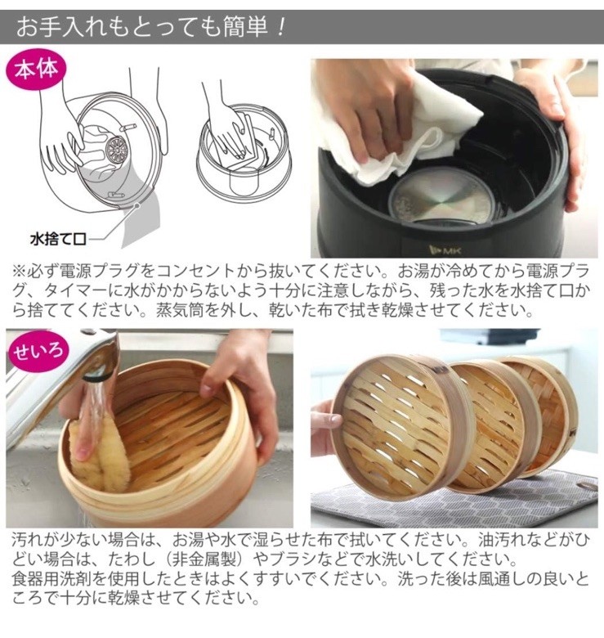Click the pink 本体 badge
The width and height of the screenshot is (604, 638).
point(34,70)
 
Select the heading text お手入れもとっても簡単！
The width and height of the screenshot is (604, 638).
point(152,26)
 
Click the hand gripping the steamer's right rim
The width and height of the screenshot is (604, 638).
point(245,384)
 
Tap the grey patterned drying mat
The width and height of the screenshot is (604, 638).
point(507,499)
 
